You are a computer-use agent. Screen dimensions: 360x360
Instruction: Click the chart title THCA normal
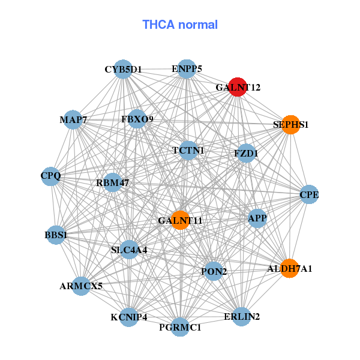point(180,25)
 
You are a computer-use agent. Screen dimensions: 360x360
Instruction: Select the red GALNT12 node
point(238,86)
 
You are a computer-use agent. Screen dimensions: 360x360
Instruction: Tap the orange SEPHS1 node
point(290,125)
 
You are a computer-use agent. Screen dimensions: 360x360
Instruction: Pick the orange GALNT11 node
point(180,220)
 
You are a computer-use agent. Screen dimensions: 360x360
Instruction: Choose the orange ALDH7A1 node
point(290,269)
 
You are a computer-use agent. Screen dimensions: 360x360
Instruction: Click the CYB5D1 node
point(123,69)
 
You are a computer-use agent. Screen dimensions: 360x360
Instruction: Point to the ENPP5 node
point(187,68)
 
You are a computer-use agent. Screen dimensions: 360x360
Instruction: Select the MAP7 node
point(73,120)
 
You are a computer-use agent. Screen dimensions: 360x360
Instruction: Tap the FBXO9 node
point(137,119)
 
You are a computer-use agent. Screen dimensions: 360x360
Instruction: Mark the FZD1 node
point(246,153)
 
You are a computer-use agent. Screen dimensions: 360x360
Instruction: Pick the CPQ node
point(51,176)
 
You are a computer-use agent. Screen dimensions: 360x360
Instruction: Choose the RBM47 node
point(113,182)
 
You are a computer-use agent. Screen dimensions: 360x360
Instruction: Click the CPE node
point(309,194)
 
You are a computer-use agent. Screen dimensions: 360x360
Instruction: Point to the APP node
point(257,218)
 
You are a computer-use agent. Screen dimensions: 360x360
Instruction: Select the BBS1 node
point(56,235)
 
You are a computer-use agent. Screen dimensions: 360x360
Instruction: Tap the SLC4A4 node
point(129,249)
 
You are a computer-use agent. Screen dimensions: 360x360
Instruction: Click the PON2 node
point(214,272)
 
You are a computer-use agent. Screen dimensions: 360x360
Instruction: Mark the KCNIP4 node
point(129,317)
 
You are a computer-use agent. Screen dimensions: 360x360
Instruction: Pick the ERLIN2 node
point(241,316)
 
